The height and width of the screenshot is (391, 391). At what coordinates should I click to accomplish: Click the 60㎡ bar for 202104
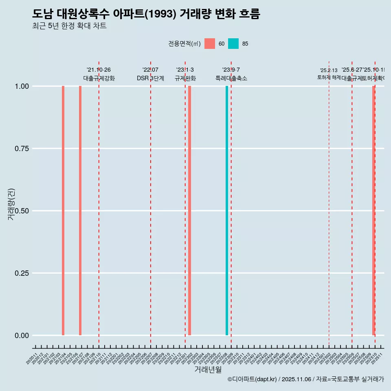[x=63, y=211]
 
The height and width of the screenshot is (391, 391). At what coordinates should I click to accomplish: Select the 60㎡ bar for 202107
[x=80, y=211]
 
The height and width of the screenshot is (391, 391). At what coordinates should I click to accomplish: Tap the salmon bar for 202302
[x=190, y=211]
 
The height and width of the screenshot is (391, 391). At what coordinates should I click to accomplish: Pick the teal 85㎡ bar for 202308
[x=227, y=211]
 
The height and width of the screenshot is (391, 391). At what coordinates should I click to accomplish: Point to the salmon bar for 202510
[x=373, y=211]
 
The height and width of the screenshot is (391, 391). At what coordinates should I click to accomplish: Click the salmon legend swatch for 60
[x=210, y=44]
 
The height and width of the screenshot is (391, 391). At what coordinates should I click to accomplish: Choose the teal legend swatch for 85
[x=233, y=44]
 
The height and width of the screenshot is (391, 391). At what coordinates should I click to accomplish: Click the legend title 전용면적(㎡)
[x=184, y=44]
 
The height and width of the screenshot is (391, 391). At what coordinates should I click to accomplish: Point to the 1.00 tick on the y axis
[x=22, y=86]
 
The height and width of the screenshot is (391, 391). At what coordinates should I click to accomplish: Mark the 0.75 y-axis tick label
[x=22, y=149]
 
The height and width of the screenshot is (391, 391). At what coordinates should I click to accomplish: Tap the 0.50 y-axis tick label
[x=22, y=211]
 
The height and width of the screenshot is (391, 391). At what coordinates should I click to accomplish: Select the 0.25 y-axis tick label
[x=22, y=273]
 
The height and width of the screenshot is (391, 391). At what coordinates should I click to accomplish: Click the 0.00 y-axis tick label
[x=22, y=336]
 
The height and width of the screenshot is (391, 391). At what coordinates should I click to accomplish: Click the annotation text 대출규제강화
[x=99, y=78]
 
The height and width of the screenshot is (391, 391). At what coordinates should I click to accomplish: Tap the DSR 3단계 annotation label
[x=150, y=78]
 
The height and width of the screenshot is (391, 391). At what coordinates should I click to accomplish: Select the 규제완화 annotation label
[x=185, y=78]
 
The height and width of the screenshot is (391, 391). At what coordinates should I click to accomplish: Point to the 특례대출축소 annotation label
[x=231, y=78]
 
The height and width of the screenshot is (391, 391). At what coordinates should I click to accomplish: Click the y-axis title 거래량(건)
[x=11, y=204]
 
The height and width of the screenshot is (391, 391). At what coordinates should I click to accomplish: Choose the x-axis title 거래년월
[x=208, y=369]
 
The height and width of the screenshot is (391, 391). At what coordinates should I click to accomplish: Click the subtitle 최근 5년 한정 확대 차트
[x=69, y=26]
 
